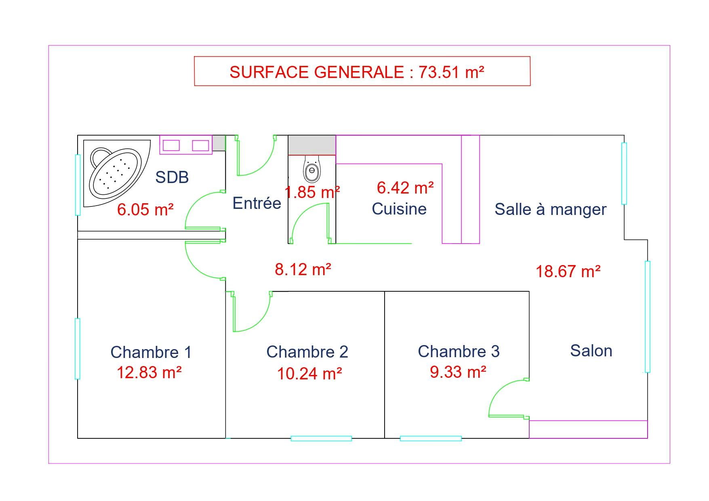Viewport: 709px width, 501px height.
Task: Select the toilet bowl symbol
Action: [311, 168]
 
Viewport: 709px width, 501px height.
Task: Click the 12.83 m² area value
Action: [149, 372]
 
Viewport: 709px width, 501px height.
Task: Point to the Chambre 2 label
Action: [307, 352]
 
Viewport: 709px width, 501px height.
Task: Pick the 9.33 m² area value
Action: [458, 372]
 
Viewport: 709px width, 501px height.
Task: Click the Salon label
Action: [591, 351]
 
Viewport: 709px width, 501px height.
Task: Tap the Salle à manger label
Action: [551, 209]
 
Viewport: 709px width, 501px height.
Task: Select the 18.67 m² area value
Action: [568, 271]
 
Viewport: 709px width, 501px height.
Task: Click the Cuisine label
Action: [399, 209]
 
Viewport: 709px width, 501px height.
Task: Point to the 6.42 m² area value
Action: [406, 188]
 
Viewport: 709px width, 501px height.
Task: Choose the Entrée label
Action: [257, 203]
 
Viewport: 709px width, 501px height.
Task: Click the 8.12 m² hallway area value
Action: [303, 269]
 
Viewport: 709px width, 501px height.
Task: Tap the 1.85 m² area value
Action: [312, 192]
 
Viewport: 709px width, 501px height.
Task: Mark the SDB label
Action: [172, 177]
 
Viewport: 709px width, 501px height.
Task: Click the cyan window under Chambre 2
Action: [321, 438]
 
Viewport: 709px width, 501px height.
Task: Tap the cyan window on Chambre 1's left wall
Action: [78, 349]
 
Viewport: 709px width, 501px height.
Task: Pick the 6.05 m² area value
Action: [145, 210]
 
